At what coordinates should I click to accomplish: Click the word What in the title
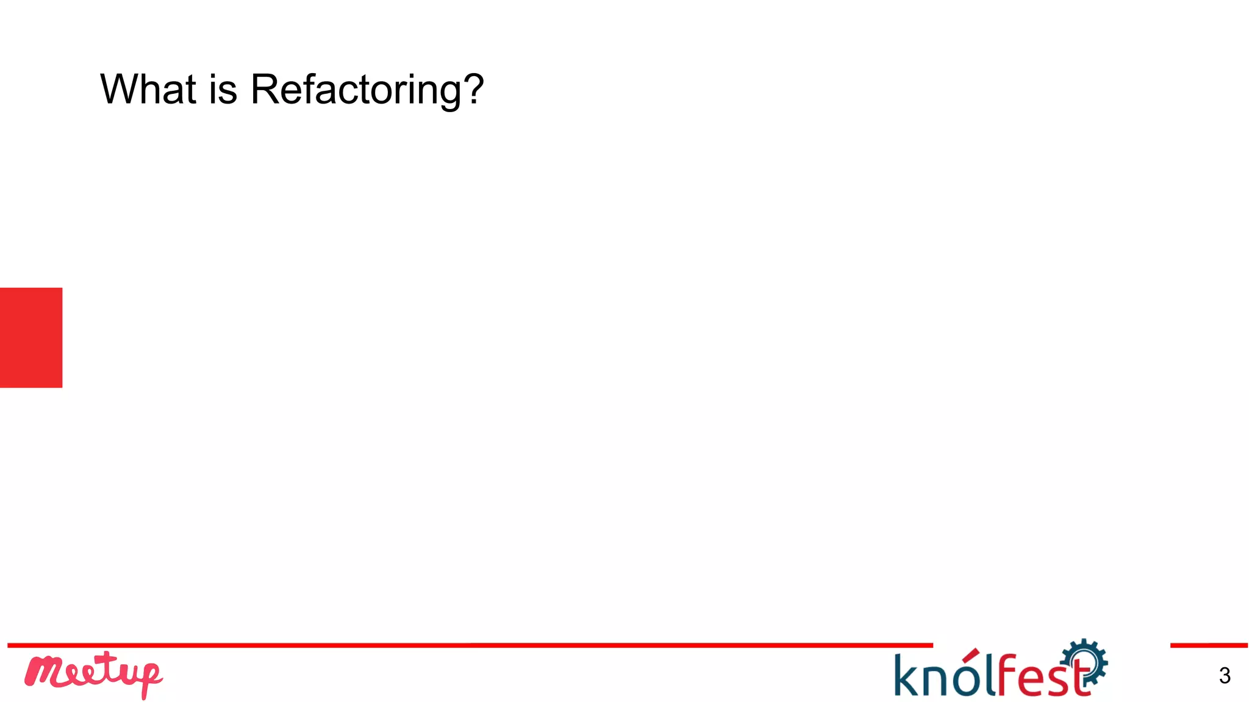148,90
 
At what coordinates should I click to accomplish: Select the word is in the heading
223,90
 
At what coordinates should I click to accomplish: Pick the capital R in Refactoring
265,90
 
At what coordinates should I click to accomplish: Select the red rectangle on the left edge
31,337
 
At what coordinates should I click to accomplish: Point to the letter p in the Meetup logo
149,678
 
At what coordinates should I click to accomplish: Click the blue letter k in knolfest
907,675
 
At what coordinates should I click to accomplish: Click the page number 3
1225,676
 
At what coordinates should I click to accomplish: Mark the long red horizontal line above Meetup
470,645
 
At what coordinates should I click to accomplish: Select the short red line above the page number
1209,645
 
